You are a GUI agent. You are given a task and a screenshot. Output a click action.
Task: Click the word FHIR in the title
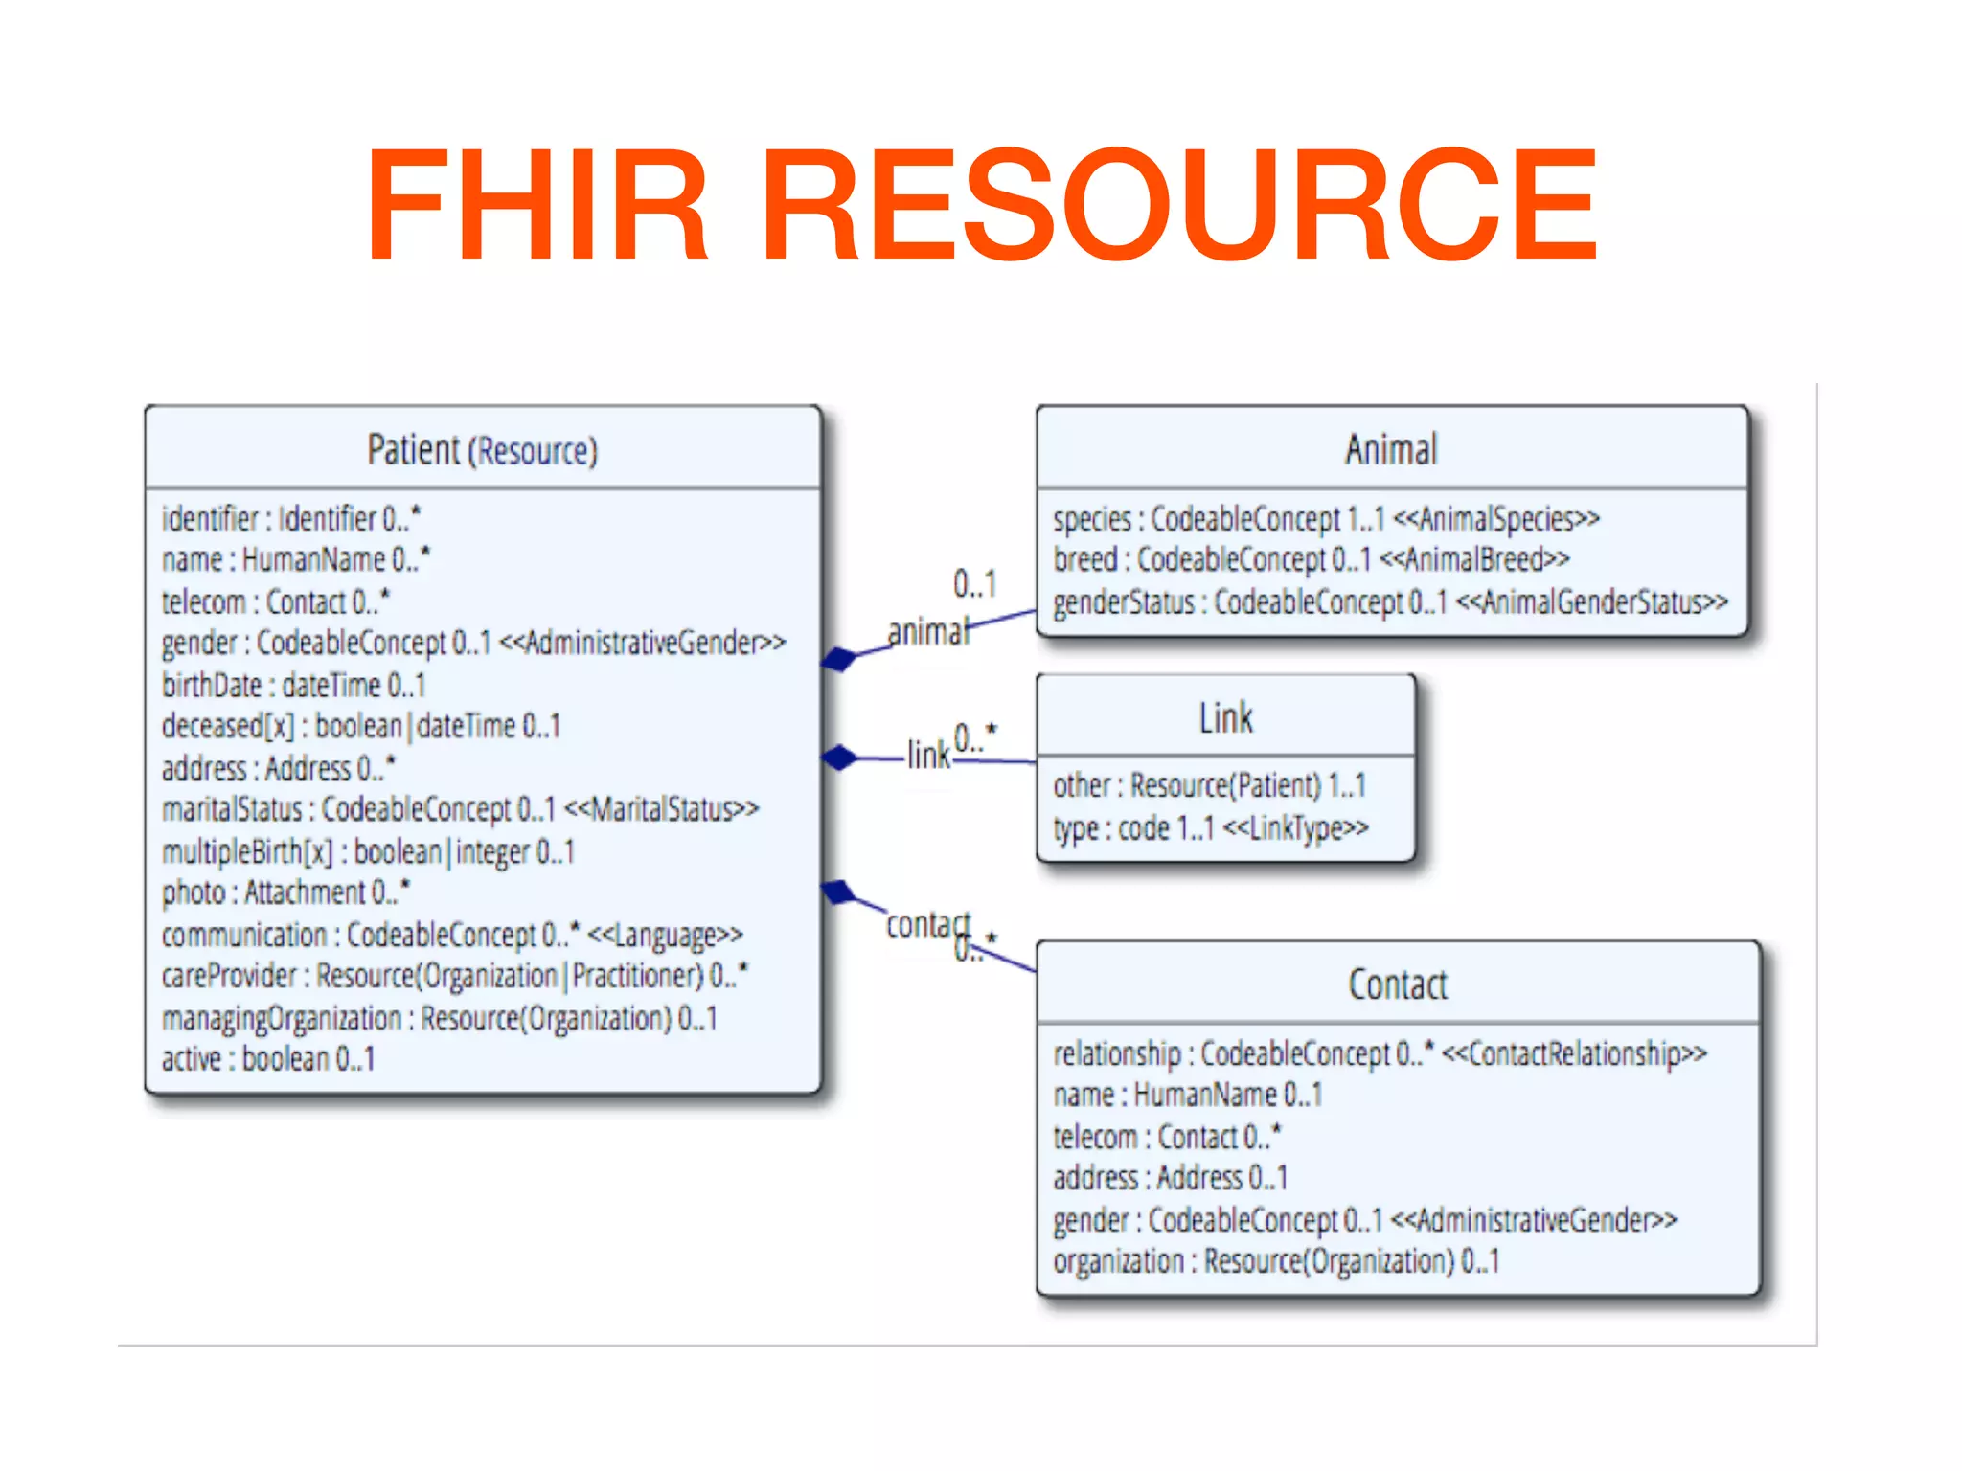(536, 203)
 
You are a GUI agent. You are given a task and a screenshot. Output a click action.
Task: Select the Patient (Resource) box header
(482, 449)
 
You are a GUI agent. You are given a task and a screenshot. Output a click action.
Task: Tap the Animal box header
(1391, 449)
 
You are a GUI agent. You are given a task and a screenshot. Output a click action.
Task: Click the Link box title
(1225, 717)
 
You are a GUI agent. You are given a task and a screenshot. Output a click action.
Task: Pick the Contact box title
(1398, 984)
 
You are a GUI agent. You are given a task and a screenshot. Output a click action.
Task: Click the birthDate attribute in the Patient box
(293, 685)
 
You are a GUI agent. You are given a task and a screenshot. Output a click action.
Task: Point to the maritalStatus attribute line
(460, 809)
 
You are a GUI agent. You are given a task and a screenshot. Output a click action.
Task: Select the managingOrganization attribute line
(439, 1017)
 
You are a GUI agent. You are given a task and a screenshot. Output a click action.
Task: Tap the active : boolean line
(268, 1058)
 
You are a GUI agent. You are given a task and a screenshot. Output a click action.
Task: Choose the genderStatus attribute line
(1389, 601)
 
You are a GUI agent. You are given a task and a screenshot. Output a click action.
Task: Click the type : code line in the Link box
(1210, 827)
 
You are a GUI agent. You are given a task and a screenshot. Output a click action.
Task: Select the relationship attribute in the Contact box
(1380, 1052)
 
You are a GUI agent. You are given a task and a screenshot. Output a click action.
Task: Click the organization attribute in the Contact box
(1276, 1260)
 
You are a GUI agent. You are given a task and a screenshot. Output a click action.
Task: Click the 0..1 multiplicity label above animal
(974, 582)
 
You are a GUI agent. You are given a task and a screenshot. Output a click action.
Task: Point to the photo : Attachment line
(285, 892)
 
